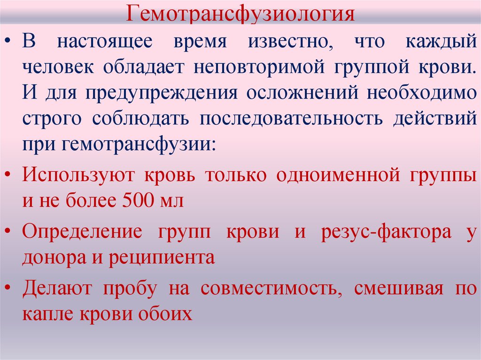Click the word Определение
coord(81,232)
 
